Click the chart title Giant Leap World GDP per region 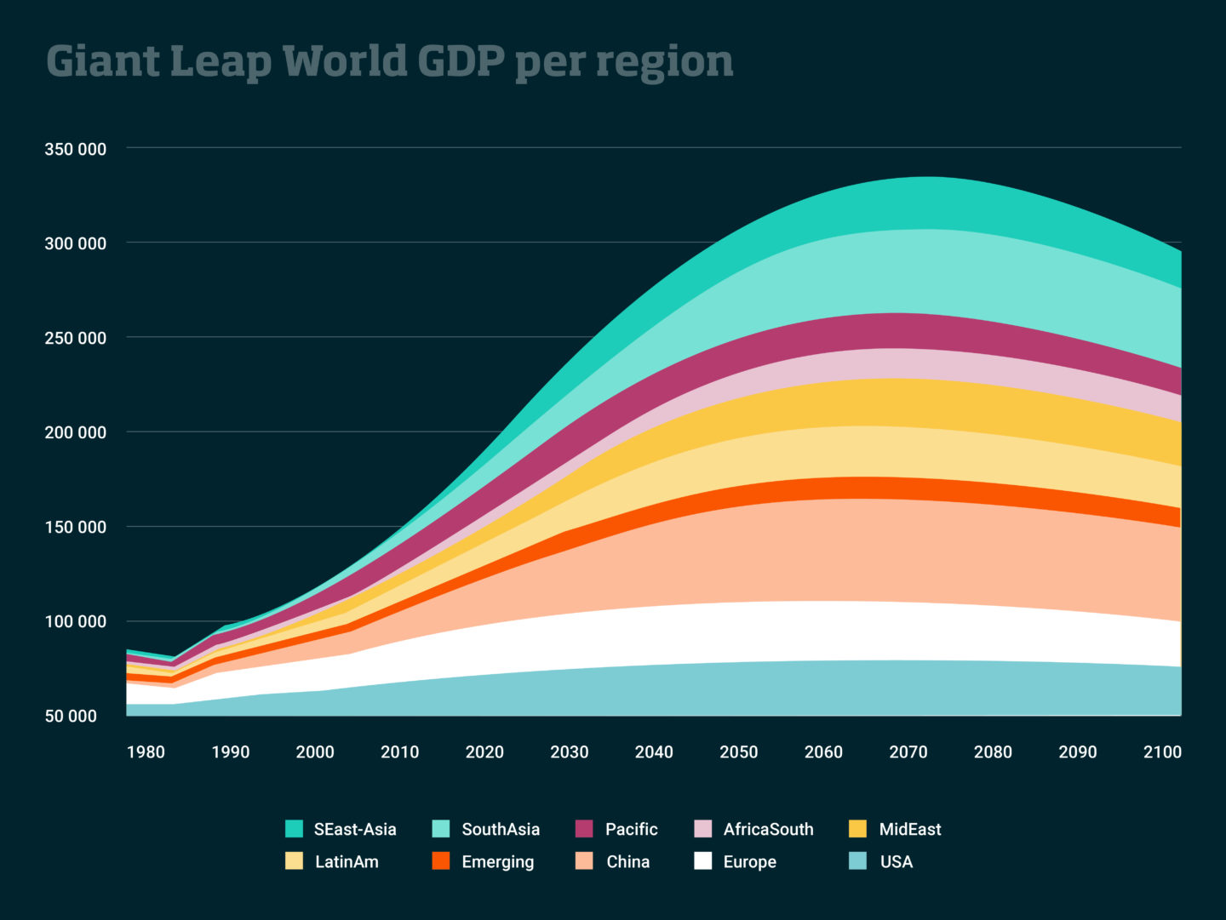389,61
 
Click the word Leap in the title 220,61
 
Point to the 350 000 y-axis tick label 76,149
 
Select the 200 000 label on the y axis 76,432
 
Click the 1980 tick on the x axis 146,751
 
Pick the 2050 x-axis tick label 738,751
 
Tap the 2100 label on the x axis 1162,751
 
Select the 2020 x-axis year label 484,751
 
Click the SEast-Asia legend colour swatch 295,829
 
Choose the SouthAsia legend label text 501,829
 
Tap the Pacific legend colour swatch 584,829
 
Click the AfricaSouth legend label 768,829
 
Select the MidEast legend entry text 910,829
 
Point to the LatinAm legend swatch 295,861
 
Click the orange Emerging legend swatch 441,861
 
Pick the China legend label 627,861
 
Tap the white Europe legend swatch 703,861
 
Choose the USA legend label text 897,861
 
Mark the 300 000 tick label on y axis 76,243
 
